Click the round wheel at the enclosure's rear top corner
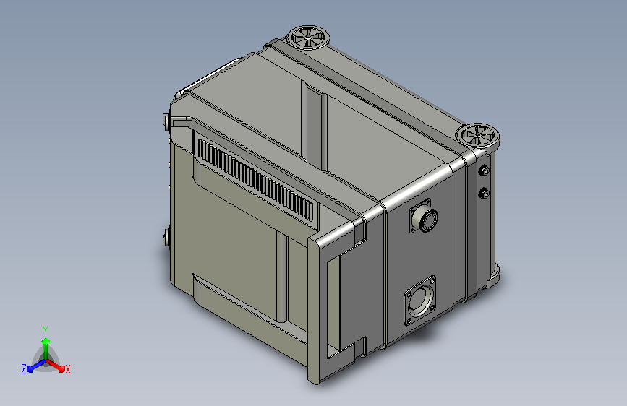coord(308,38)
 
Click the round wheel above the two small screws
coord(478,136)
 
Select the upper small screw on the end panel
coord(485,170)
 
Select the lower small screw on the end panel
coord(485,194)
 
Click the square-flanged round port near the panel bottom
coord(419,300)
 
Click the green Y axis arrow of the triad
coord(46,348)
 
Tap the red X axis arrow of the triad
coord(55,365)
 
